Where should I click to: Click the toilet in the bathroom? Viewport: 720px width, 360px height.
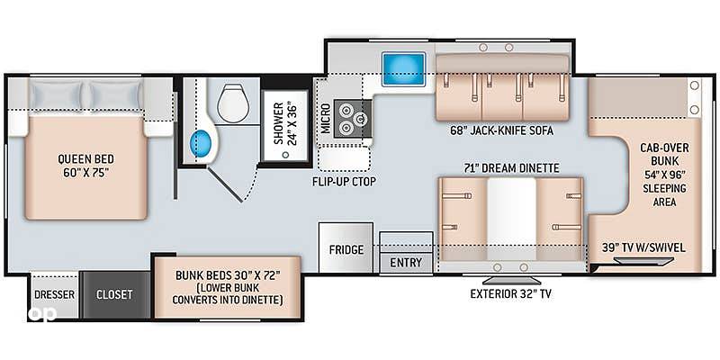234,103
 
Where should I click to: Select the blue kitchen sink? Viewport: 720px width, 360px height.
403,69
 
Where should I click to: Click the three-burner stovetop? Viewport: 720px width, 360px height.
352,118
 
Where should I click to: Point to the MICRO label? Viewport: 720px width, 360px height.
326,118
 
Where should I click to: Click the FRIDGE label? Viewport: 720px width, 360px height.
346,250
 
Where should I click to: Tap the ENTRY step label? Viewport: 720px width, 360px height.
406,263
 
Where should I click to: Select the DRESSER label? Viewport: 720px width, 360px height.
54,294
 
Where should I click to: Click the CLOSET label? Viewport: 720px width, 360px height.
114,294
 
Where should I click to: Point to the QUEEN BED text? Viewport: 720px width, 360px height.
85,159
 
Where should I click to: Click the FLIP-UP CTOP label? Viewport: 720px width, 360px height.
344,182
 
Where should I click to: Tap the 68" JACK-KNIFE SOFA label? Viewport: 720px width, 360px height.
502,131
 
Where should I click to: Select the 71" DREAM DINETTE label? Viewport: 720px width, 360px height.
510,168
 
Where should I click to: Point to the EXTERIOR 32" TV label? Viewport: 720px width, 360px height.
510,294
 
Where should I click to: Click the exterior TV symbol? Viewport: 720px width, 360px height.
510,281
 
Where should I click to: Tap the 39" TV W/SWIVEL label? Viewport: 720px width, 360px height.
643,248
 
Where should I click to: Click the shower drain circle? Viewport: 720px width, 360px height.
286,155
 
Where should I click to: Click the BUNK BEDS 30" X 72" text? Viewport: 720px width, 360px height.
228,276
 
